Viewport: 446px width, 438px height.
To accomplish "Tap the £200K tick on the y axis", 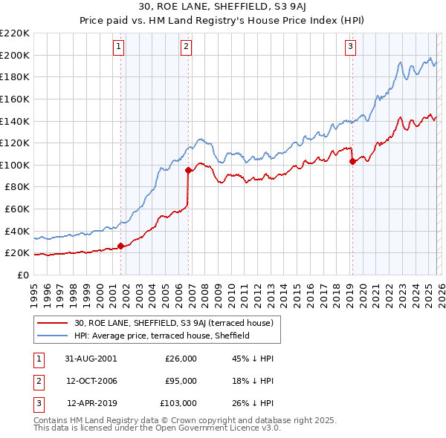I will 15,55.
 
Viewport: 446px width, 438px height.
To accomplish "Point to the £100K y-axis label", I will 15,165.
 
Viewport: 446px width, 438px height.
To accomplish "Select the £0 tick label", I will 22,275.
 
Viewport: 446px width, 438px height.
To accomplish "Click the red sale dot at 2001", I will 121,246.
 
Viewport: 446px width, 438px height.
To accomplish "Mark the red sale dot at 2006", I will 189,171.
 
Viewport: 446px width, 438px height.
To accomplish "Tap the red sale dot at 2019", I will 352,162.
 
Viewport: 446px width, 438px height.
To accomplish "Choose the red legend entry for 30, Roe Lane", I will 175,323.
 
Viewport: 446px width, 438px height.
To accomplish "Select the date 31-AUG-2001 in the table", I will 91,358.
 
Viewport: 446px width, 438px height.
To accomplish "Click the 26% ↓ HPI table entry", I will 253,404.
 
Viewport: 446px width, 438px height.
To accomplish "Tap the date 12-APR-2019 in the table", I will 91,404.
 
